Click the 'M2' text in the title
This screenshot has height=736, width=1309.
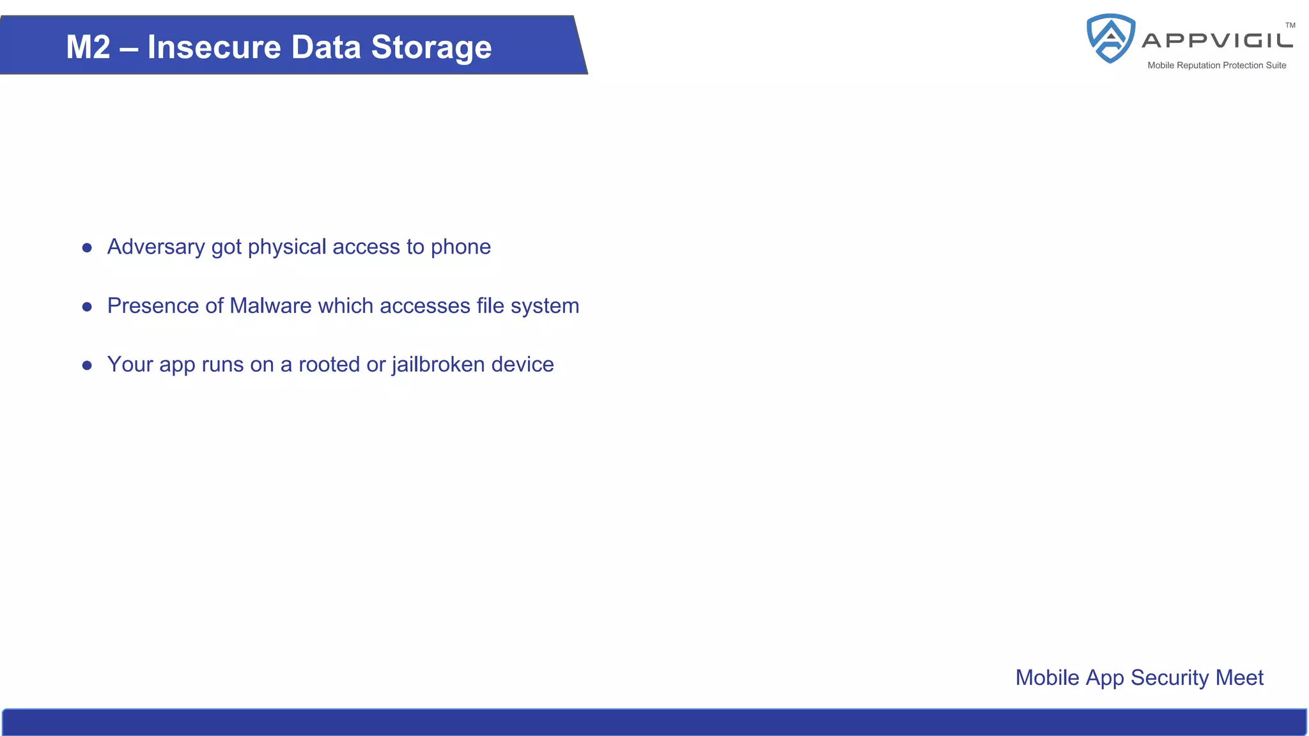tap(88, 47)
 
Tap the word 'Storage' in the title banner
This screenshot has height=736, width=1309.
tap(431, 47)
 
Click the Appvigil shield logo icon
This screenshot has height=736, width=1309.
tap(1111, 38)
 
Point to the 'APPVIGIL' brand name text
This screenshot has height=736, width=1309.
tap(1218, 41)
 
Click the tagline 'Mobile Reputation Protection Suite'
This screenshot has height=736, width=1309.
tap(1216, 65)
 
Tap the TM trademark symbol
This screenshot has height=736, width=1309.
tap(1290, 26)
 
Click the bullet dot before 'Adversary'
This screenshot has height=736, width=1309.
tap(87, 248)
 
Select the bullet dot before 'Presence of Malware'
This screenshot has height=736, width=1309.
tap(87, 307)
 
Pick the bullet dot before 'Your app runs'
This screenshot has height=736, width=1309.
tap(87, 365)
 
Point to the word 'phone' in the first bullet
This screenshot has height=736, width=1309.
tap(461, 247)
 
